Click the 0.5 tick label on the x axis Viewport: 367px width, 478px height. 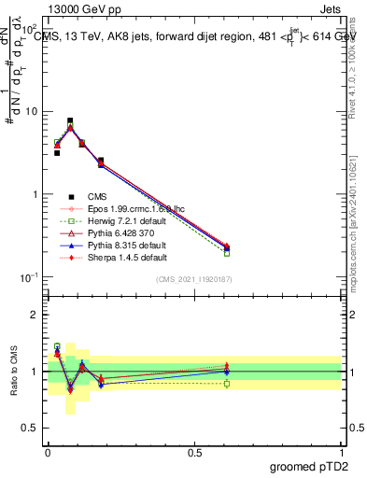pos(193,453)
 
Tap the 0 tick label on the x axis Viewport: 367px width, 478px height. pos(48,453)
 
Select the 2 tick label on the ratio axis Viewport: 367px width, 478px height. pos(34,315)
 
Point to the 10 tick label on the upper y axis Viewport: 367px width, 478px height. pos(31,112)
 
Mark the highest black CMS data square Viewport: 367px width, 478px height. pos(70,121)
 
